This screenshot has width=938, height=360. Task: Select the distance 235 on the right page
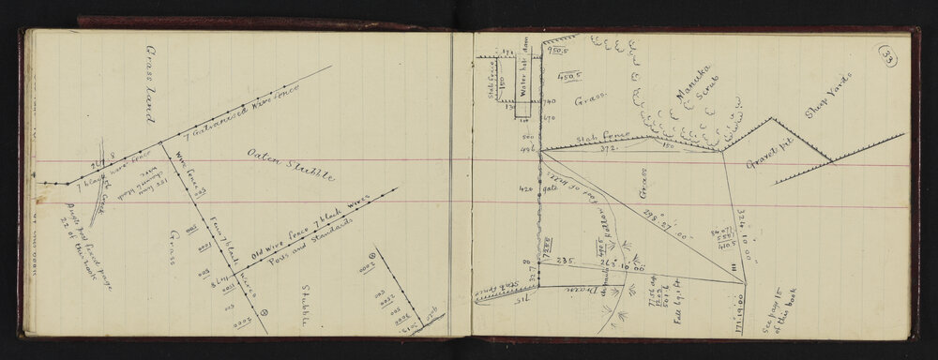click(567, 262)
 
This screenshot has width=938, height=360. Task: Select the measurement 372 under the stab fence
click(583, 151)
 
